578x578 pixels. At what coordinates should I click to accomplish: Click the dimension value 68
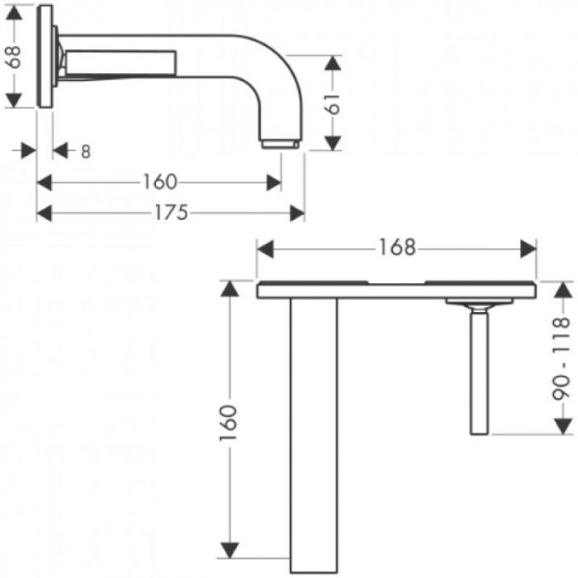point(14,57)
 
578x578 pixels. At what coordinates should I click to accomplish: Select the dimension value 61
point(333,104)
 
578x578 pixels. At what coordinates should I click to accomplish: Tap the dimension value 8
point(86,151)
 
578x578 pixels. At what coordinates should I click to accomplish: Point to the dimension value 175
point(171,213)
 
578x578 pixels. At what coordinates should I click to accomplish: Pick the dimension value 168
point(397,248)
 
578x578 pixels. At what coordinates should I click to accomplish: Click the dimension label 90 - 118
point(562,358)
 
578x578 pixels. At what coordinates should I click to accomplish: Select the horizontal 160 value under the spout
point(160,182)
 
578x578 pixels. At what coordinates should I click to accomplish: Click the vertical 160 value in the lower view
point(228,423)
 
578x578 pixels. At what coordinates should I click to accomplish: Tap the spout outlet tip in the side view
point(279,144)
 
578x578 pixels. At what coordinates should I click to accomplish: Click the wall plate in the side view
point(45,57)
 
